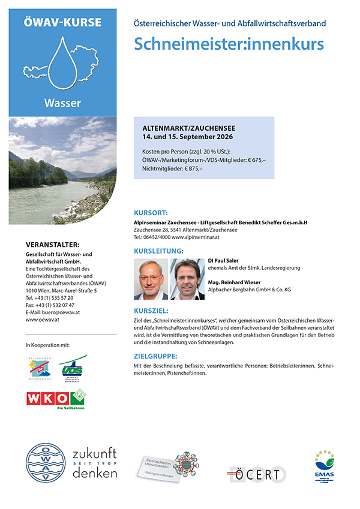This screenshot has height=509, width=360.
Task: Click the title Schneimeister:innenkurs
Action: pos(229,44)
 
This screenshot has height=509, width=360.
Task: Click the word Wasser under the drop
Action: pos(62,103)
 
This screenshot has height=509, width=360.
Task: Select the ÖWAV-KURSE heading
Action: pos(62,23)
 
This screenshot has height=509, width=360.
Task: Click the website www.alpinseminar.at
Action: pos(196,237)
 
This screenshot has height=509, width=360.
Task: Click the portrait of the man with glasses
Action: pos(151,279)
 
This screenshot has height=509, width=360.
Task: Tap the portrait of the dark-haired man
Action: pos(188,279)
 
